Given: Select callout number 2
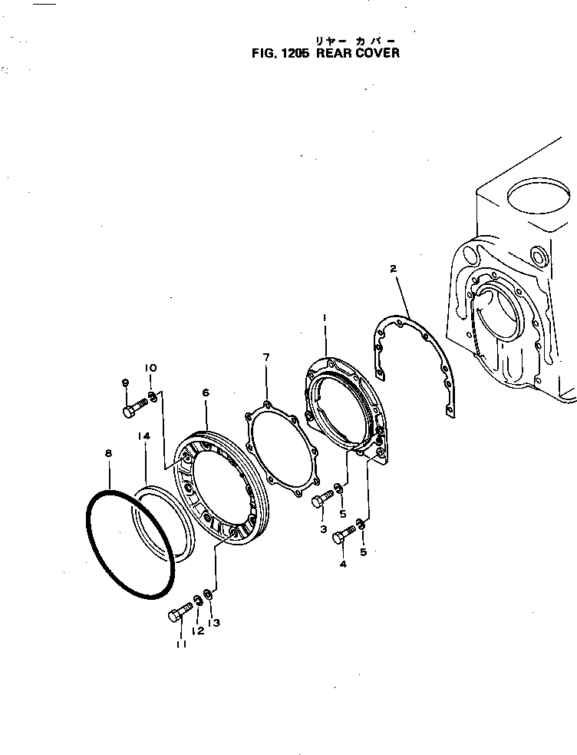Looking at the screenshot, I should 393,269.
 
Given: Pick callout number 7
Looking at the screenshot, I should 265,358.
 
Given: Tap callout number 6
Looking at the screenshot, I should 206,393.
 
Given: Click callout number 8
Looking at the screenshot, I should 108,455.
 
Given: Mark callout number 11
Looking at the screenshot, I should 181,644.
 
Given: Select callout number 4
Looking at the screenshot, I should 343,564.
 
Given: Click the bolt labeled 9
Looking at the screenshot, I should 134,407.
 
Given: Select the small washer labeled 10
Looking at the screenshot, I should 153,396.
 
